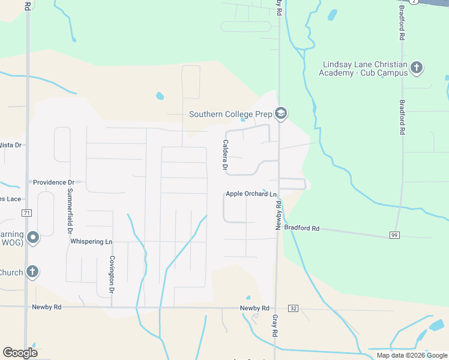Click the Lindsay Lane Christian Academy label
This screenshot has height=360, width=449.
[365, 68]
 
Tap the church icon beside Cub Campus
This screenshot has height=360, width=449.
[417, 68]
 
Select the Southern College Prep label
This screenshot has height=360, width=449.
[231, 114]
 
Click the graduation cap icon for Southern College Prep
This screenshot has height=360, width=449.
[280, 113]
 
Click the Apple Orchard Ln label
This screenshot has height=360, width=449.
[251, 194]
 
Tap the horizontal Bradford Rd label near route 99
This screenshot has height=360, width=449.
[302, 229]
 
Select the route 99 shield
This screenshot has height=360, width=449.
[394, 235]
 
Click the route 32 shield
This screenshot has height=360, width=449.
[293, 308]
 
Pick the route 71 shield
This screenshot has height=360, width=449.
[26, 213]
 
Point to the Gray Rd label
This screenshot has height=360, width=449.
[275, 325]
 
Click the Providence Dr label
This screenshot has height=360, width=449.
[53, 182]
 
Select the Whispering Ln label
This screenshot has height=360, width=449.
[91, 241]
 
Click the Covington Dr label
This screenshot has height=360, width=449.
[112, 274]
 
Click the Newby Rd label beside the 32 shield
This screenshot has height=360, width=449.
[255, 308]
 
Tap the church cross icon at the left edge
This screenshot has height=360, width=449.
[32, 272]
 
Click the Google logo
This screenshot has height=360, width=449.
[20, 353]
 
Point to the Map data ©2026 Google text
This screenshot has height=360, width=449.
[411, 355]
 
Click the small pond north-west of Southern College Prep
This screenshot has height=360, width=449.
[160, 95]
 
